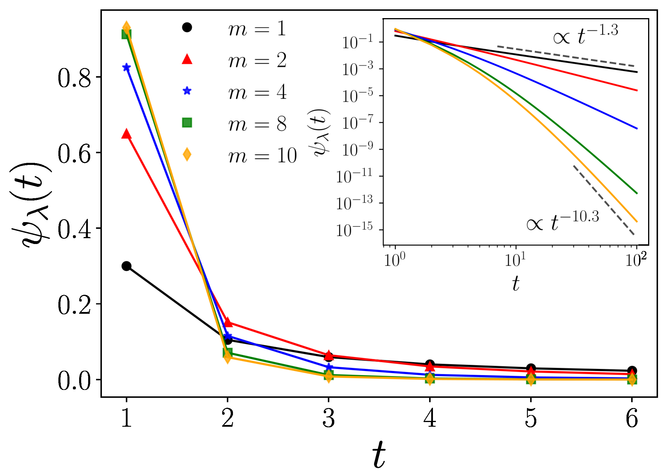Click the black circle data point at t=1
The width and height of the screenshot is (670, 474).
126,266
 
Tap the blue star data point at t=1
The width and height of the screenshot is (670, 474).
126,67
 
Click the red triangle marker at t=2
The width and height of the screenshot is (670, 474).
228,322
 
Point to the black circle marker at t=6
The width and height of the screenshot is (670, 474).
632,370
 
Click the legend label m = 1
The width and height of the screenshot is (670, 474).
257,29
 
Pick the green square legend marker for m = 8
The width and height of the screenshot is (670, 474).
187,123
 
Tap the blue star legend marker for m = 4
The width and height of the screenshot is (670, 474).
187,91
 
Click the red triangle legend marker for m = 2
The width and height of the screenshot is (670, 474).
187,59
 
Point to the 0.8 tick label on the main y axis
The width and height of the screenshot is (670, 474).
74,78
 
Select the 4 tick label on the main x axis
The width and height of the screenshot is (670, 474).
430,418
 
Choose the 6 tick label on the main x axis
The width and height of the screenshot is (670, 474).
632,418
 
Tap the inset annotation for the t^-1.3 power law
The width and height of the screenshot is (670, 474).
585,35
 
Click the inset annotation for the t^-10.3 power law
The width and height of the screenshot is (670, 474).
562,221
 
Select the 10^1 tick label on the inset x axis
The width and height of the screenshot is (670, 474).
515,260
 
